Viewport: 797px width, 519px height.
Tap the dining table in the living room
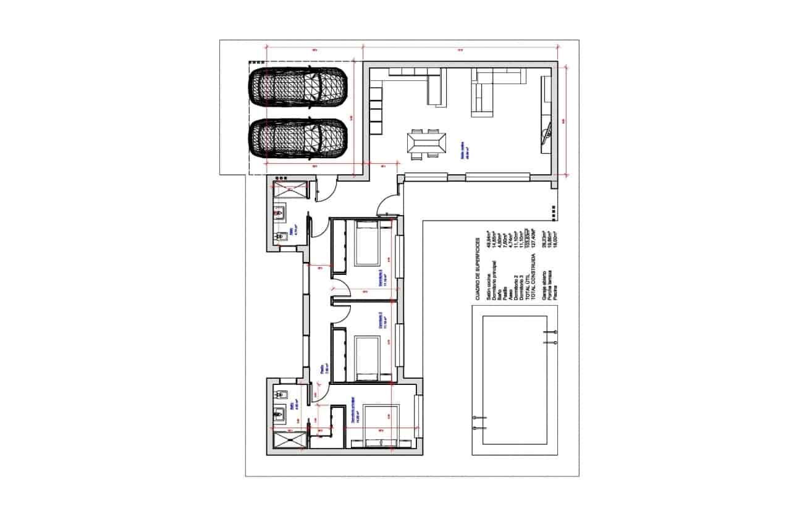[x=425, y=144]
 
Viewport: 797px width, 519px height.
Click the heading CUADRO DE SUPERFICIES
[x=478, y=269]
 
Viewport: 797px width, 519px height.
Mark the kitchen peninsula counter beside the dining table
[x=434, y=88]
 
